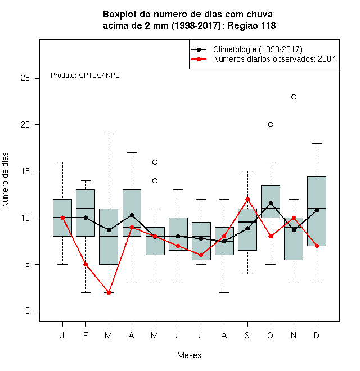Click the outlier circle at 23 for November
294,97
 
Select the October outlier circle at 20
271,124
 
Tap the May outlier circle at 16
155,162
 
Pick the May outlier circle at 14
155,181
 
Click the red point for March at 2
109,292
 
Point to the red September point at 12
247,199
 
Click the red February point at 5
85,265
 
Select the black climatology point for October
271,203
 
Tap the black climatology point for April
132,215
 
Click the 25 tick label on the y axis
25,78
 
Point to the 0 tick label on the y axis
28,311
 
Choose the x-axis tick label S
247,335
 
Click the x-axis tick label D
317,335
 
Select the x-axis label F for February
85,335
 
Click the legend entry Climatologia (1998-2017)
258,49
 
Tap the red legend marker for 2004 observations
199,59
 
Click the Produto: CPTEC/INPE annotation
85,75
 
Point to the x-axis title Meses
189,355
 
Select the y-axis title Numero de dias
5,180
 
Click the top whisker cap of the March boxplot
109,134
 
